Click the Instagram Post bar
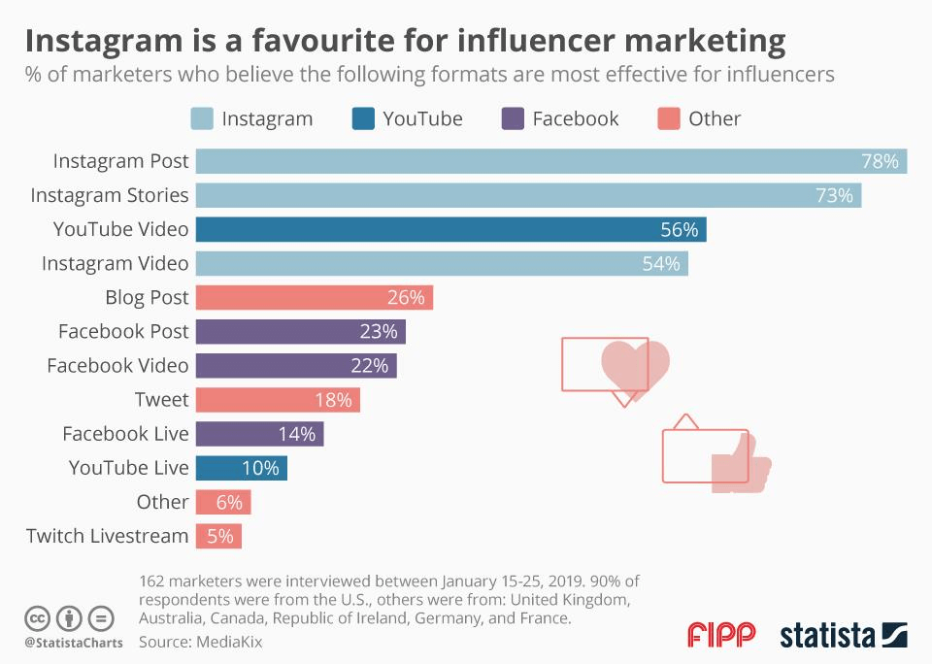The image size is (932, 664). pos(550,161)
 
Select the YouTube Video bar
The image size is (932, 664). pos(450,229)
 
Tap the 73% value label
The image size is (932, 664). pos(835,195)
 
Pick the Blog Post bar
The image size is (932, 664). pos(314,297)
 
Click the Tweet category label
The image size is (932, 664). pos(161,399)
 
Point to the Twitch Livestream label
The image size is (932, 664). pos(107,535)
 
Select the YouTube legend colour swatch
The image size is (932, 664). pos(361,118)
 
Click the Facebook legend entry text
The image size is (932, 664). pos(575,118)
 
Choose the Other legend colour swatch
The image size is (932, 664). pos(668,118)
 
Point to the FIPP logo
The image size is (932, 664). pos(721,636)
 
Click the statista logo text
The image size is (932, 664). pos(828,636)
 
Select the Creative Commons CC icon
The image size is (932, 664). pos(39,617)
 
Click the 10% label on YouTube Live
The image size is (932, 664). pos(260,467)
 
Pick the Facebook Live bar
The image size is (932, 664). pos(259,433)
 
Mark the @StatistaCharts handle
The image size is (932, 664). pos(74,643)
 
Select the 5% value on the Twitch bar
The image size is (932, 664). pos(220,535)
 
